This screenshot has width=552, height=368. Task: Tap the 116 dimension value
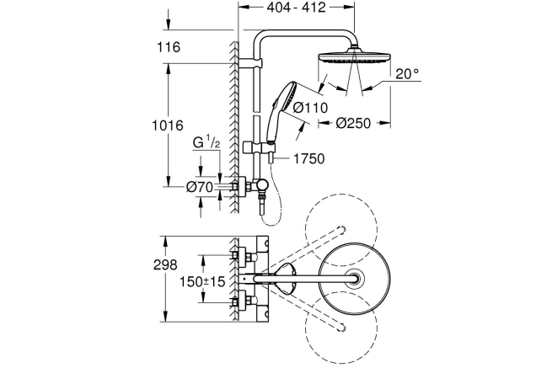coord(169,47)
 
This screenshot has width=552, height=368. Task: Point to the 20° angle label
coord(406,74)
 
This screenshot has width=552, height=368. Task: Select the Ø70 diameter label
coord(200,187)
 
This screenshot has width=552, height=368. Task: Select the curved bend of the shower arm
coord(262,40)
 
